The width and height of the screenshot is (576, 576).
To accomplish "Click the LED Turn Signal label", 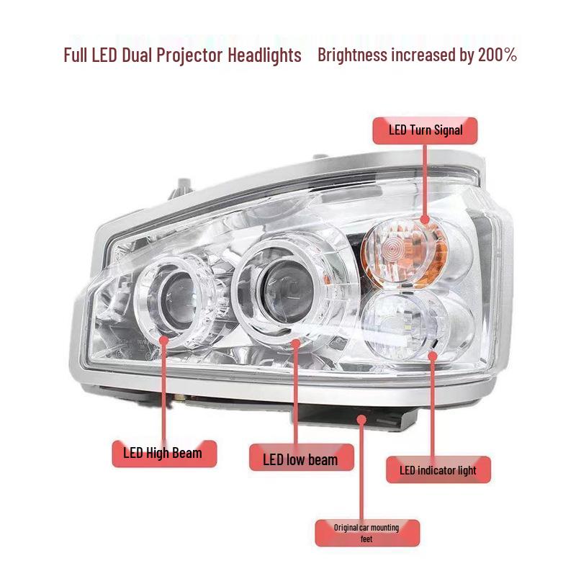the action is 425,131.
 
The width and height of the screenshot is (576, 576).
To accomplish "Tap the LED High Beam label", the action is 164,454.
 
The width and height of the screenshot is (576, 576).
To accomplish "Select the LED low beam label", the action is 301,458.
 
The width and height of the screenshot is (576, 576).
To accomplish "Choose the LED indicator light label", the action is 438,470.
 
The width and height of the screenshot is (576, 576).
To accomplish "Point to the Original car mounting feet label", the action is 367,533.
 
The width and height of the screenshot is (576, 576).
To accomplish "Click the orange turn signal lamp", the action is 403,253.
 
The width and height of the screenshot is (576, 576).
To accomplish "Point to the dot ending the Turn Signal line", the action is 425,220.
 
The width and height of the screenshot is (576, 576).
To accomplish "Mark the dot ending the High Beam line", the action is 164,340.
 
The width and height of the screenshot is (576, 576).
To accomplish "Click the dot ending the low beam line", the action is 295,343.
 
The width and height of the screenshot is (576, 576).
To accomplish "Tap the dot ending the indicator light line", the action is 433,356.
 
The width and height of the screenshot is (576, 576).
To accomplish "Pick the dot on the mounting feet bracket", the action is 362,420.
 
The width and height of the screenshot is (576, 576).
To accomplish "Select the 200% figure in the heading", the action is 498,55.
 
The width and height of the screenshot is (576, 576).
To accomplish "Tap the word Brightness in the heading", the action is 352,55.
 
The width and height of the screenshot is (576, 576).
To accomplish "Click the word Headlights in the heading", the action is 264,55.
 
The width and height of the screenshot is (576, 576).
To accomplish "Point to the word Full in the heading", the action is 76,55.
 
